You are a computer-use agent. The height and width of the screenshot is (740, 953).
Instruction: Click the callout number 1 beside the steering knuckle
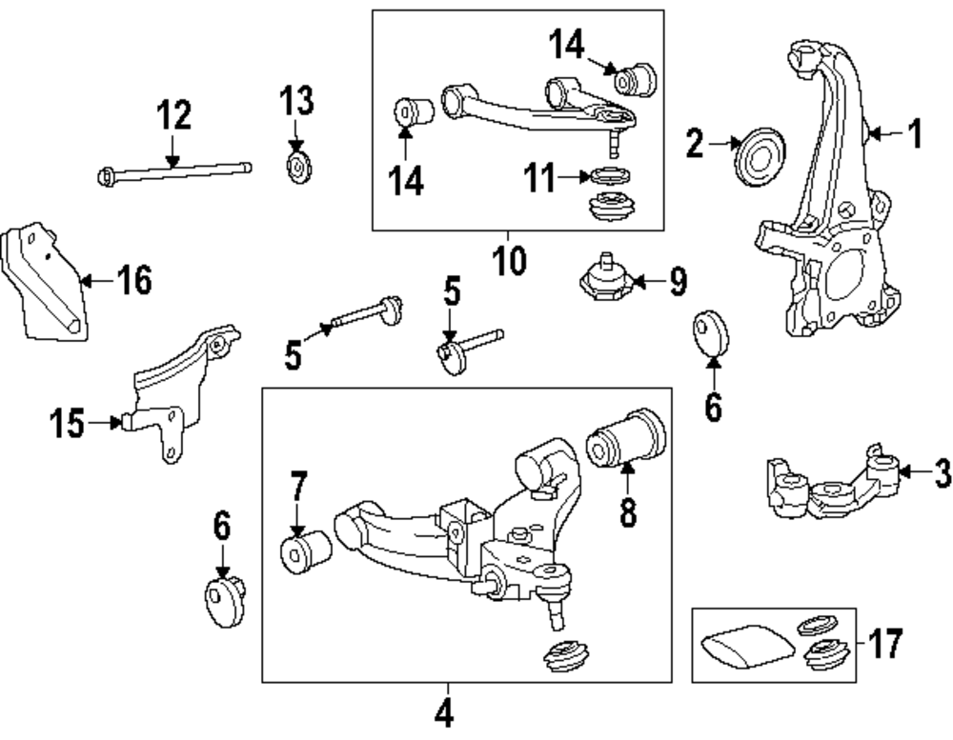click(x=914, y=135)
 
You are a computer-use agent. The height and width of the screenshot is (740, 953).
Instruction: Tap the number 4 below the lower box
click(x=443, y=711)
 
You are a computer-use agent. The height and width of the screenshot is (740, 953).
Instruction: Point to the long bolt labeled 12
click(x=176, y=170)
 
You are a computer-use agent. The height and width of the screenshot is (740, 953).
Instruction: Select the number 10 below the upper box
click(x=510, y=259)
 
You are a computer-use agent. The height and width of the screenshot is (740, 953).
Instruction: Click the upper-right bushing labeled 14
click(x=634, y=77)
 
